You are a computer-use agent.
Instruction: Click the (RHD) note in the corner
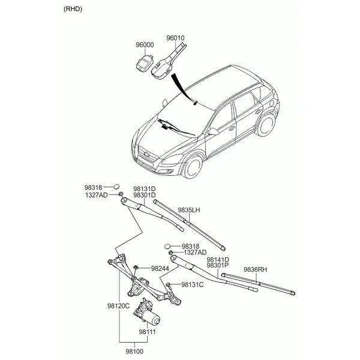[x=73, y=9]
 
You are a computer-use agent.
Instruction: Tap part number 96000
[x=145, y=45]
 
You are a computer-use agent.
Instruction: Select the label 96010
[x=175, y=38]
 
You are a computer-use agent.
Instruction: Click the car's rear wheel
[x=266, y=125]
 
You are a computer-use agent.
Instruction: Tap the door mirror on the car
[x=213, y=131]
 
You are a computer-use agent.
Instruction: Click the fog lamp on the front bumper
[x=170, y=171]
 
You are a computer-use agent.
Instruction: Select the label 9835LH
[x=189, y=210]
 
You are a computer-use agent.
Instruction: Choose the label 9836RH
[x=256, y=269]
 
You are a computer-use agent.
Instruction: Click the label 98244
[x=160, y=268]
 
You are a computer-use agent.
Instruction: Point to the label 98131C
[x=193, y=284]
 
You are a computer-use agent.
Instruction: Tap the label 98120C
[x=118, y=306]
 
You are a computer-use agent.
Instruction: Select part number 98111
[x=147, y=332]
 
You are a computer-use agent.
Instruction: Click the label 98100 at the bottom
[x=134, y=351]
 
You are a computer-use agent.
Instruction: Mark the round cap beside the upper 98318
[x=116, y=187]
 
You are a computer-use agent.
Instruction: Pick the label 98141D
[x=218, y=260]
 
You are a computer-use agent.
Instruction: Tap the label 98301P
[x=218, y=265]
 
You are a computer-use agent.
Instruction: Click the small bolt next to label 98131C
[x=168, y=286]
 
